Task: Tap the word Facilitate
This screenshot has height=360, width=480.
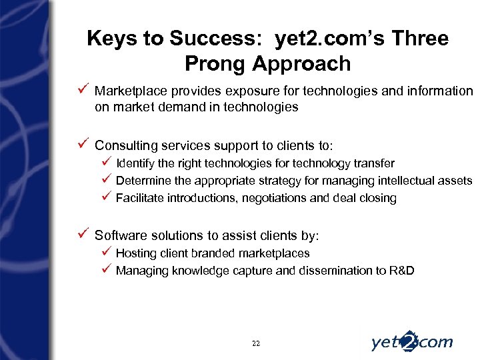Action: [138, 198]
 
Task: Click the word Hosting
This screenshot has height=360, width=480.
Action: [135, 253]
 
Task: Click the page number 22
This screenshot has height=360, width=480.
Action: [256, 343]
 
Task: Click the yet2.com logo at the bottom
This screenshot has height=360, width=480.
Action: [411, 341]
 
